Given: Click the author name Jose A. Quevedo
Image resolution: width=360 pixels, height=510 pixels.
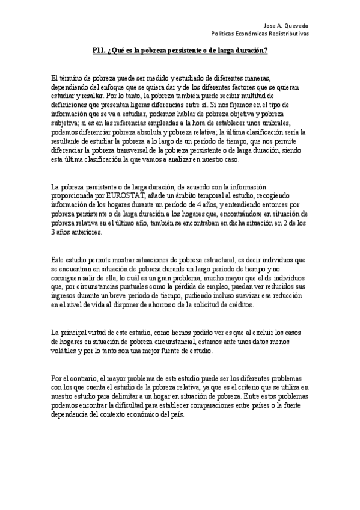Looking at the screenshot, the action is click(287, 26).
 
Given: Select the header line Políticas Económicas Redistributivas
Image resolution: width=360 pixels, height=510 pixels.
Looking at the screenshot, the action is click(264, 34).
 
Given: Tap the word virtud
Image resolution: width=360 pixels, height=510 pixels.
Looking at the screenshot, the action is click(102, 333).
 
